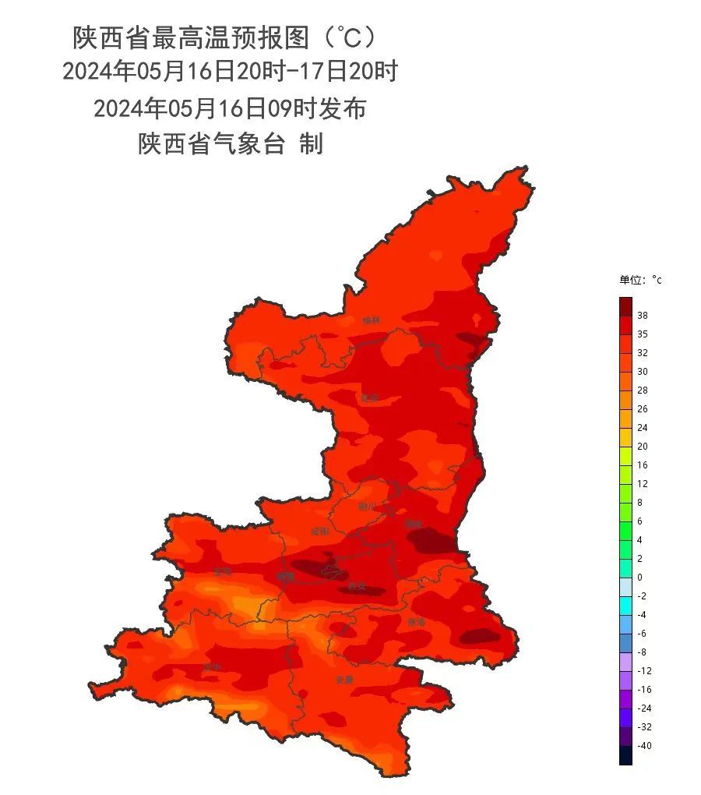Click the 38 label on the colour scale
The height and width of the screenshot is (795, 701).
point(642,316)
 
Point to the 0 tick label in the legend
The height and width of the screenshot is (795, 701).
point(639,578)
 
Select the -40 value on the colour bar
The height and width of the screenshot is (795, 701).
point(644,746)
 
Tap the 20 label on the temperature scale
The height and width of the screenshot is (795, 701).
point(642,447)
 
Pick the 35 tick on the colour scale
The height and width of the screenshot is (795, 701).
point(642,334)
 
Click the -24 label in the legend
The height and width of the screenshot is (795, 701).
point(644,708)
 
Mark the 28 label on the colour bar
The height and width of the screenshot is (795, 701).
point(642,390)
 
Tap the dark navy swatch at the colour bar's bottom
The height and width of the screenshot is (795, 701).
point(625,755)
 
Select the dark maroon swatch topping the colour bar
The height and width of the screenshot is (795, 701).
point(625,306)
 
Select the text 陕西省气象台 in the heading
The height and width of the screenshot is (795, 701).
point(211,144)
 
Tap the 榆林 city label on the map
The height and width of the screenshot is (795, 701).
point(372,320)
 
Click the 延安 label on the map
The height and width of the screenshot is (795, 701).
point(369,398)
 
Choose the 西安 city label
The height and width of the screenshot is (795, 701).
point(357,586)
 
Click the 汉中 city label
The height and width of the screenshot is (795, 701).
point(211,668)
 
